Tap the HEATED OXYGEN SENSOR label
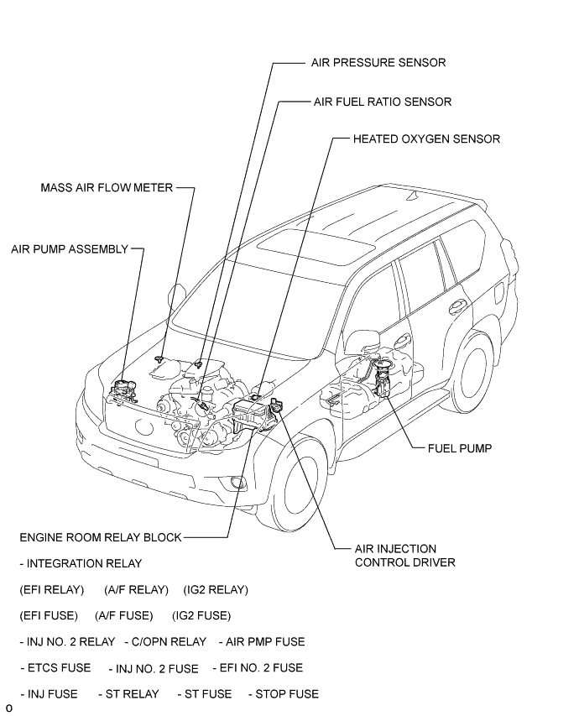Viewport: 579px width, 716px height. (x=426, y=138)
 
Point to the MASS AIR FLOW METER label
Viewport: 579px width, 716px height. (x=107, y=188)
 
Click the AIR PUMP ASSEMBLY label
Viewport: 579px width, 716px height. (x=70, y=249)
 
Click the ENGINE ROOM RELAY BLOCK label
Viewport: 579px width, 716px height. (x=101, y=537)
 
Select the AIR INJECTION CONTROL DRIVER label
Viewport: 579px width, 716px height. (x=404, y=556)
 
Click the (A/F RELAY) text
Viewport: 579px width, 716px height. (x=137, y=590)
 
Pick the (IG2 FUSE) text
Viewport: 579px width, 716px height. (x=201, y=616)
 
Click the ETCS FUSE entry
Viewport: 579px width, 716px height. (x=56, y=668)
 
